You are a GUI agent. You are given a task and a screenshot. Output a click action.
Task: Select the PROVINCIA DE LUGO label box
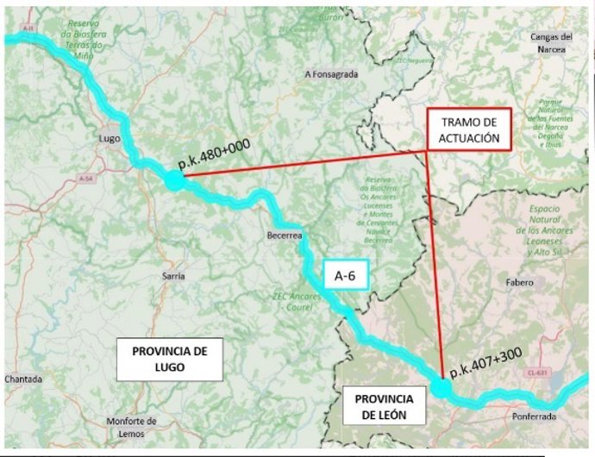[x=171, y=360]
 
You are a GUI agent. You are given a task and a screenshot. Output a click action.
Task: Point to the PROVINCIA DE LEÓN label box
[x=384, y=406]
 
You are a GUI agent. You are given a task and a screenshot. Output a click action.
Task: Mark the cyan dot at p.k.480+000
[x=175, y=179]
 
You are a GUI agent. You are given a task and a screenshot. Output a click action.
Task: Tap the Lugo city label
[x=110, y=138]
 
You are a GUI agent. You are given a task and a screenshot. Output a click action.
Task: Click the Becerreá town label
[x=285, y=234]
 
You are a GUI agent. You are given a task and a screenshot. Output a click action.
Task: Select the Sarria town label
[x=173, y=276]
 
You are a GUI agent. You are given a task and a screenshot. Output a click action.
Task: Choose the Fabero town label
[x=520, y=282]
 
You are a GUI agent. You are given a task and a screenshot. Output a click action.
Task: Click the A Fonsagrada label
[x=331, y=74]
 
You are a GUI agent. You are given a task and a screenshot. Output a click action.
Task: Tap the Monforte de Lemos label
[x=132, y=426]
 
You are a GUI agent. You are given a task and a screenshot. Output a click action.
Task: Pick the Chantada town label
[x=22, y=379]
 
